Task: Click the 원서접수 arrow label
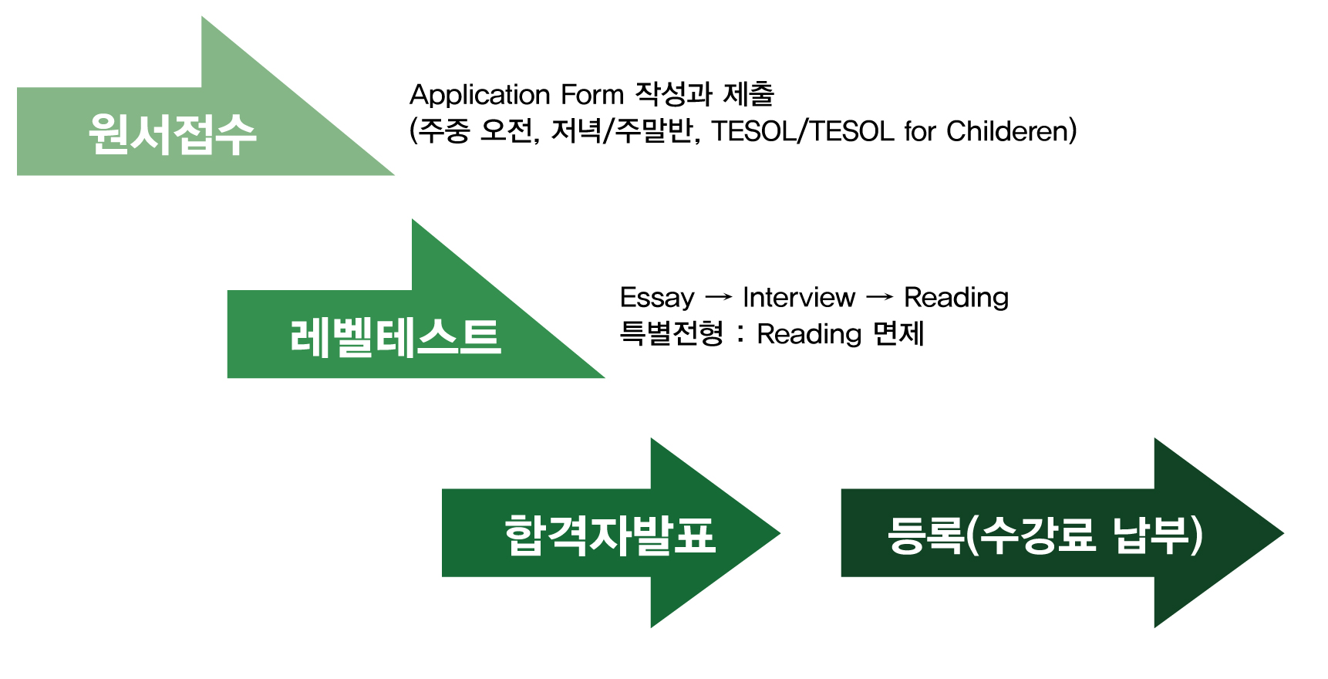(x=172, y=134)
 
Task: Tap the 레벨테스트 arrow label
(x=396, y=337)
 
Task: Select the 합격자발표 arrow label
(x=610, y=535)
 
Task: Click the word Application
(x=479, y=96)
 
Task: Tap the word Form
(x=592, y=94)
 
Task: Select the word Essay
(x=657, y=299)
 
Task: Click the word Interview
(x=799, y=297)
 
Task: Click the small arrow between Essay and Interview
(x=719, y=297)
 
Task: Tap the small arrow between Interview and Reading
(x=880, y=297)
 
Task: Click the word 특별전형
(x=672, y=334)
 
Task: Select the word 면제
(x=898, y=334)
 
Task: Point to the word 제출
(x=748, y=94)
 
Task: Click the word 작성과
(x=673, y=94)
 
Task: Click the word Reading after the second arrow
(x=956, y=299)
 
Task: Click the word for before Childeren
(x=920, y=131)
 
